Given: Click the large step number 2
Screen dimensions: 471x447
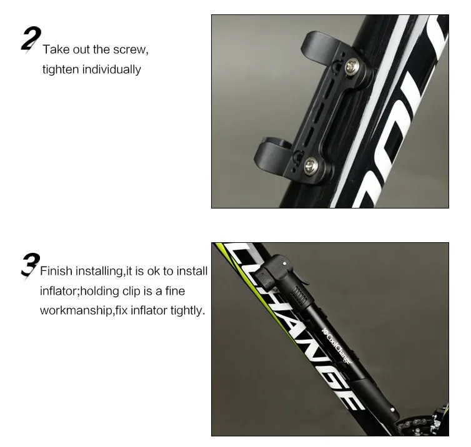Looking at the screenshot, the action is pos(31,39).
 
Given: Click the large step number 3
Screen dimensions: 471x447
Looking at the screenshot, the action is pos(31,266).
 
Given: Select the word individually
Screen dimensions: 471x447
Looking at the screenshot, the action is pos(111,69).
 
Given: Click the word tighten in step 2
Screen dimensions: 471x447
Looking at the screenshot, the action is pos(61,69).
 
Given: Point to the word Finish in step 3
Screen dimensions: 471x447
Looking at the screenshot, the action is pos(56,271).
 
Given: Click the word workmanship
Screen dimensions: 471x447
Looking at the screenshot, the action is pos(76,311).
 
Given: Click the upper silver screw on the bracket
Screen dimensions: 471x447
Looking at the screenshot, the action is pos(351,67).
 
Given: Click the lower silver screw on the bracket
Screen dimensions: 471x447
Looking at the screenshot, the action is pos(310,165).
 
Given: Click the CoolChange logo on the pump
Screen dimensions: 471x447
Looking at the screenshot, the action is pos(337,346).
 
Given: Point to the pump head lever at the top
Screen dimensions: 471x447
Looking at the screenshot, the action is pos(301,275).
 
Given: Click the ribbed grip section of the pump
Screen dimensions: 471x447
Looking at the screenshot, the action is pos(299,295).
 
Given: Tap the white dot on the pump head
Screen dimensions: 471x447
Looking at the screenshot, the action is pos(284,263).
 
